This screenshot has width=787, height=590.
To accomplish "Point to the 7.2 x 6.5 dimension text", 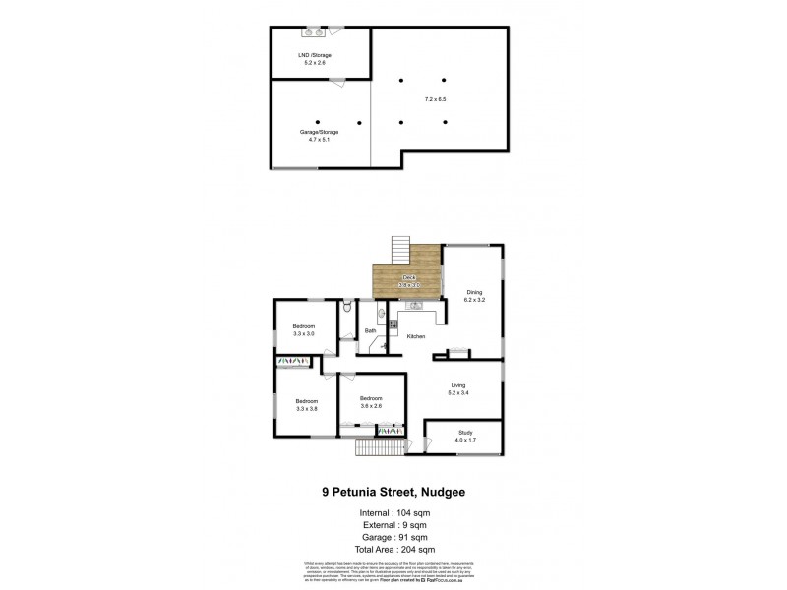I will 435,99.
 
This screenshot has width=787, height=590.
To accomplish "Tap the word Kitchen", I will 416,337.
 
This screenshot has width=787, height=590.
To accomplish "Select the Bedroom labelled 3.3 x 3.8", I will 307,405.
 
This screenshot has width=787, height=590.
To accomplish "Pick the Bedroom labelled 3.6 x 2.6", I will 370,401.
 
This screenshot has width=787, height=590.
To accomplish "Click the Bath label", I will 371,331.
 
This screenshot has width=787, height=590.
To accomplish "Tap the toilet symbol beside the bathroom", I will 347,309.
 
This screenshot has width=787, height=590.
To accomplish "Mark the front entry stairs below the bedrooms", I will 380,447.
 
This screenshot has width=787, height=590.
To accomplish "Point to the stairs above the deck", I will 400,250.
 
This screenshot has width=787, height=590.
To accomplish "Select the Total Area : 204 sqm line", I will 393,549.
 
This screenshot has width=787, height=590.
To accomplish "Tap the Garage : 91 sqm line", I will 393,537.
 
